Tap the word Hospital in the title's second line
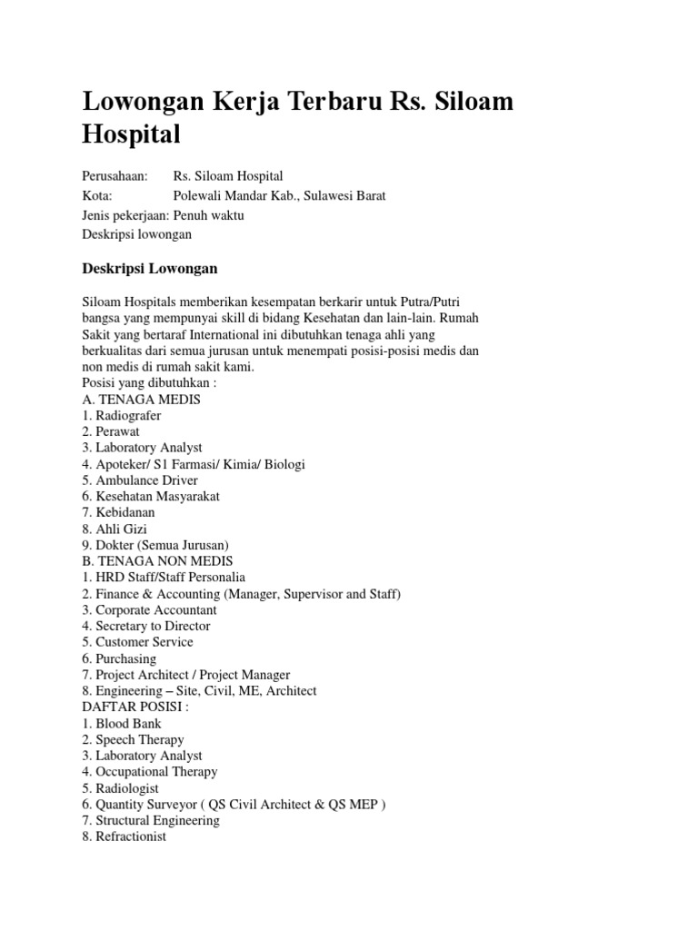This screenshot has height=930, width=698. [x=132, y=134]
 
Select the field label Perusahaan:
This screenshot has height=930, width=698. [x=115, y=176]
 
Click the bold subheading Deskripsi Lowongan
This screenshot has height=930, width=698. [x=150, y=270]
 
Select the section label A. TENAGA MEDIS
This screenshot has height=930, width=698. [x=141, y=399]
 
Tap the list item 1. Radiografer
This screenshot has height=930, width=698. [x=122, y=415]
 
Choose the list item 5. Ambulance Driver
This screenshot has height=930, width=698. [x=140, y=480]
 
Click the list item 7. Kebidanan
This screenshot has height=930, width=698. [x=118, y=512]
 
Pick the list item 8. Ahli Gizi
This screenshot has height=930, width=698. [x=115, y=529]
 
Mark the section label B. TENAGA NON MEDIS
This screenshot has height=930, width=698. [x=157, y=560]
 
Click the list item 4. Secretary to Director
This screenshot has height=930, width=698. [x=146, y=626]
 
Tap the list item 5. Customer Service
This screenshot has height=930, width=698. [x=137, y=642]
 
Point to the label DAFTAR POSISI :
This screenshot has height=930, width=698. [x=135, y=707]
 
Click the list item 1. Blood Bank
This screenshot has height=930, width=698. [x=123, y=724]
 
